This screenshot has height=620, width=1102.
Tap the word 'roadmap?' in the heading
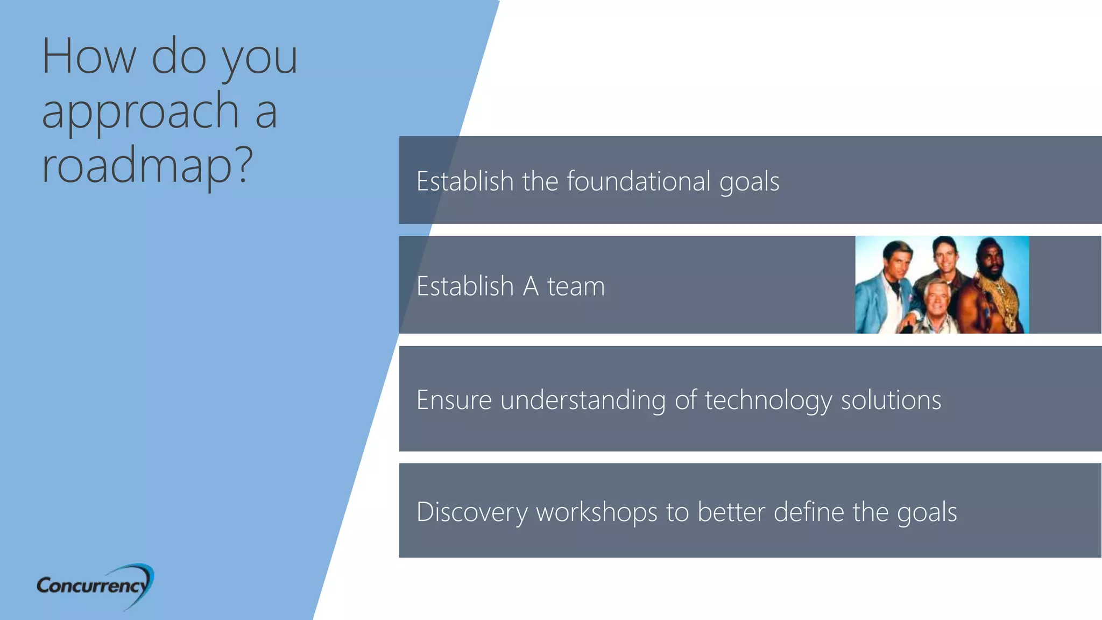tap(147, 165)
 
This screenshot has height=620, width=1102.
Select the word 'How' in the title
tap(89, 57)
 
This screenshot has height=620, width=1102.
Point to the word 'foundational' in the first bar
tap(638, 181)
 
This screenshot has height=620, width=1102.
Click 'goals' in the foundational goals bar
tap(749, 182)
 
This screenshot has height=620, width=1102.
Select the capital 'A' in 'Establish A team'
tap(531, 286)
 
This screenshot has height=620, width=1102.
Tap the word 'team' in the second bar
tap(576, 286)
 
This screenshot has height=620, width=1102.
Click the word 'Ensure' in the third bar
tap(454, 400)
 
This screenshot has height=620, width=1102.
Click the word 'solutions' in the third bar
tap(891, 400)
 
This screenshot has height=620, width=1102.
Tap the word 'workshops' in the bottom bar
tap(596, 512)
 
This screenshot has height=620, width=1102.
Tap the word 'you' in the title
tap(260, 58)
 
